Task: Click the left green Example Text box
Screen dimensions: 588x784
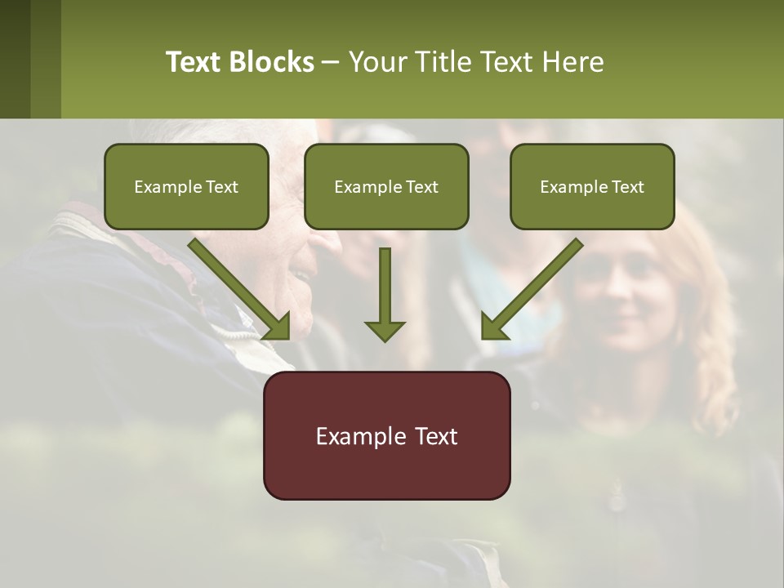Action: click(186, 186)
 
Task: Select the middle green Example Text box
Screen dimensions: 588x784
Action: click(386, 186)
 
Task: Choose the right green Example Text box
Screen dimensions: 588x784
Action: click(592, 186)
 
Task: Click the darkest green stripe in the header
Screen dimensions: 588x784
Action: click(15, 59)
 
